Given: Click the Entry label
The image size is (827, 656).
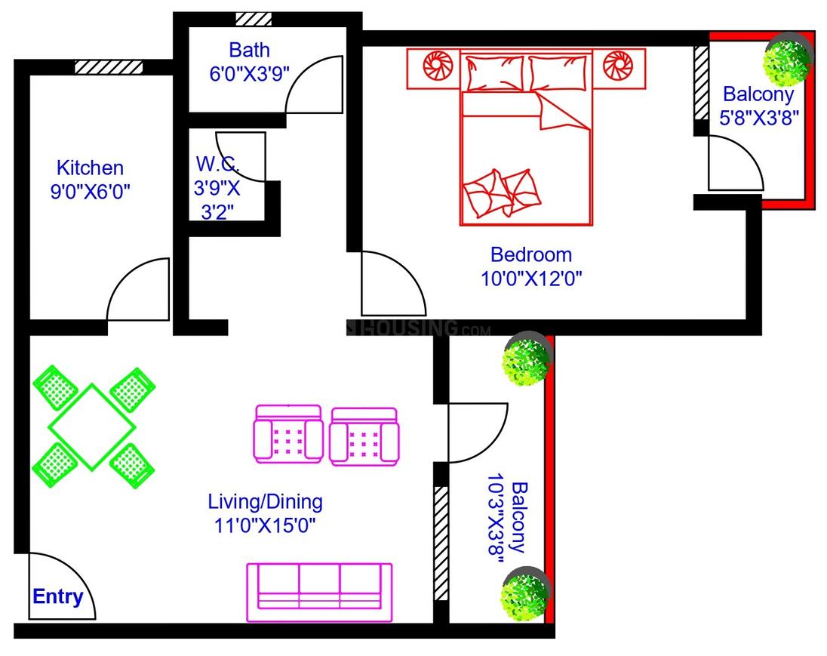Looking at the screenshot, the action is [58, 596].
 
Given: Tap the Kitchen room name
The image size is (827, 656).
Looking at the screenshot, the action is [91, 168].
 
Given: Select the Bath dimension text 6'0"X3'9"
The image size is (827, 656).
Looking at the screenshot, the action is [250, 73].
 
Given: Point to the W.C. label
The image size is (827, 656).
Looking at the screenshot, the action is [217, 164].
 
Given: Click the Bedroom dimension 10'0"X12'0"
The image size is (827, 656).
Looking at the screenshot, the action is [531, 278].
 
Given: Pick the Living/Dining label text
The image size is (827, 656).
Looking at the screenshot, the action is [266, 501].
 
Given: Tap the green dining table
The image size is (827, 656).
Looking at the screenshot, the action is [92, 427].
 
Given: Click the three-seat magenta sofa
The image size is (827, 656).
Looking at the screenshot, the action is [320, 592].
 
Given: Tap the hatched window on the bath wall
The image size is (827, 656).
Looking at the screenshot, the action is [254, 19].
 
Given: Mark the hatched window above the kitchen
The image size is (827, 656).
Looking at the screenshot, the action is [109, 67].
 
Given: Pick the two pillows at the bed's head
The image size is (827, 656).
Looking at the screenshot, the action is [526, 72].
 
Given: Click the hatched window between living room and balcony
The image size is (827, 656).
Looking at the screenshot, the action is [441, 543].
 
